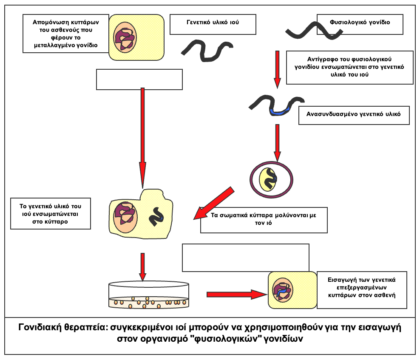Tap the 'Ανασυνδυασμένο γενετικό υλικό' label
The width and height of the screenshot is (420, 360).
pos(354,114)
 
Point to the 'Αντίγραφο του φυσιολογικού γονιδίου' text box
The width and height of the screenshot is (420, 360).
pos(349,67)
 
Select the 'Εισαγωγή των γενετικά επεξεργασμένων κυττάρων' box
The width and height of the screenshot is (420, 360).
pos(361,290)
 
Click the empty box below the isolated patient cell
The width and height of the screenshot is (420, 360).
pos(139,79)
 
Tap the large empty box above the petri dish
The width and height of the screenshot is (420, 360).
pos(245,257)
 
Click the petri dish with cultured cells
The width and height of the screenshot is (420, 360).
pos(149,295)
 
